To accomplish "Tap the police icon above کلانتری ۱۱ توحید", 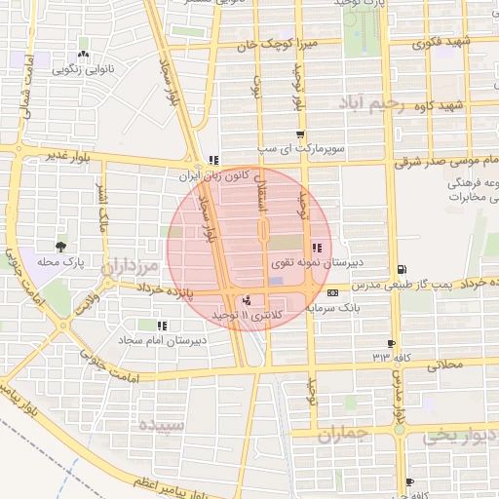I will pos(247,300).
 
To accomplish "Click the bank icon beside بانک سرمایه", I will pos(334,292).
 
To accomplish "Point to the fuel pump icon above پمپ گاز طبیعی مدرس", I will pos(403,270).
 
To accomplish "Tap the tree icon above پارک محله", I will pos(62,247).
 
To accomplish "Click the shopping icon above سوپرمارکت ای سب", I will pos(299,135).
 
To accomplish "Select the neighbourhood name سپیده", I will pos(162,426).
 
